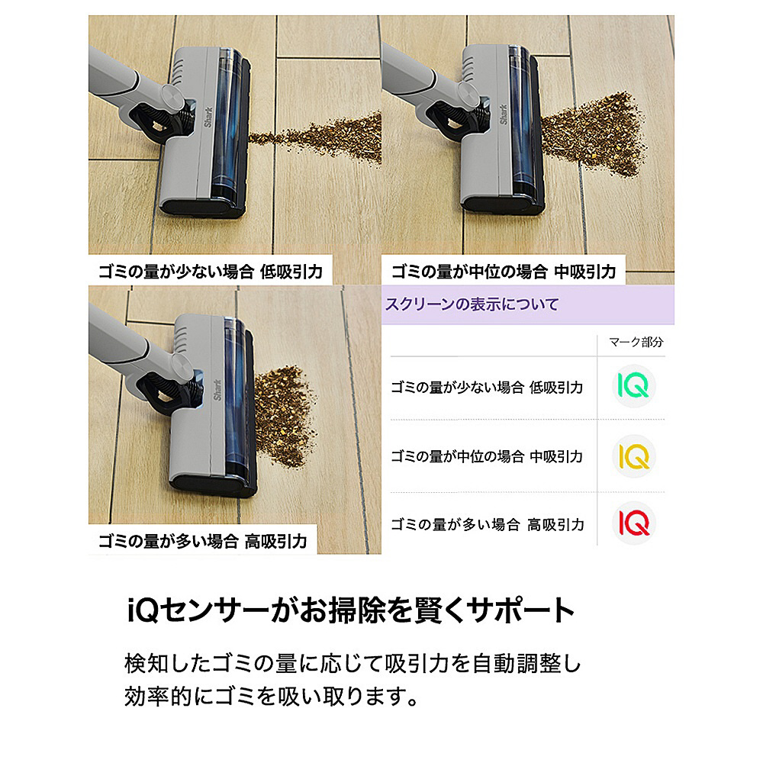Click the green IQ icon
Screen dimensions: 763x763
pyautogui.click(x=633, y=386)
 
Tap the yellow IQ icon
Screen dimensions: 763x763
pyautogui.click(x=633, y=456)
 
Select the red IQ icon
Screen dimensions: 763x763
pyautogui.click(x=633, y=523)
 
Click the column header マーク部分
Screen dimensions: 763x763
pyautogui.click(x=636, y=342)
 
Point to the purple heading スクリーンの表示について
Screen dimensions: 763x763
pyautogui.click(x=472, y=304)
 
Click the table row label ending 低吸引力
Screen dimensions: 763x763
pyautogui.click(x=487, y=388)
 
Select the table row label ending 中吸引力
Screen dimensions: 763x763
pyautogui.click(x=487, y=456)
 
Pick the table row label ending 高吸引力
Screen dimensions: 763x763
pyautogui.click(x=487, y=525)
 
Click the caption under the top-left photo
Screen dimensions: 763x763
pyautogui.click(x=211, y=271)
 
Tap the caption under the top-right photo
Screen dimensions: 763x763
pyautogui.click(x=504, y=271)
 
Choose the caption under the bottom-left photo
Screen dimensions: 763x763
pyautogui.click(x=202, y=541)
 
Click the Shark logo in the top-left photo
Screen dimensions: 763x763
pyautogui.click(x=209, y=117)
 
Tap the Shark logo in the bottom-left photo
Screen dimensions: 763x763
pyautogui.click(x=217, y=390)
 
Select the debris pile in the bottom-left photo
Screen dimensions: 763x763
pyautogui.click(x=285, y=417)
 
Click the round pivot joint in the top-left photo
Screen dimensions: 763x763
pyautogui.click(x=174, y=97)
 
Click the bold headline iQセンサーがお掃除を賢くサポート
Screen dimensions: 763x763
pyautogui.click(x=350, y=610)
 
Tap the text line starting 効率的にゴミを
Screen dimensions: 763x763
pyautogui.click(x=271, y=697)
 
